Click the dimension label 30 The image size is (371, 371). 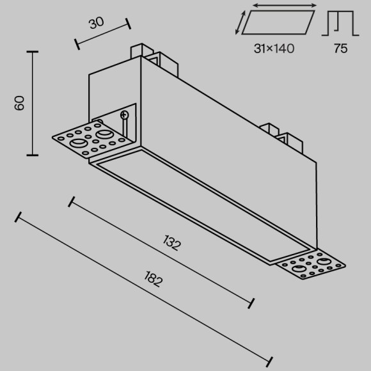(x=97, y=23)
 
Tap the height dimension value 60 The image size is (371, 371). (x=19, y=103)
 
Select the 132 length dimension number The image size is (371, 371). (x=172, y=243)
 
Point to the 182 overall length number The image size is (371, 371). (x=154, y=279)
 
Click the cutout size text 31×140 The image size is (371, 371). (x=274, y=49)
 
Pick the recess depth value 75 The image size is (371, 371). (x=340, y=49)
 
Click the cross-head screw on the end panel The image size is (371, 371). (x=124, y=115)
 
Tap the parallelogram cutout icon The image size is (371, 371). (x=278, y=22)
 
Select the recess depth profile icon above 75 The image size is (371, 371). (x=340, y=24)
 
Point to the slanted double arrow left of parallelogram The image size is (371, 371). (x=241, y=23)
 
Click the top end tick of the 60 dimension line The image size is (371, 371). (x=33, y=52)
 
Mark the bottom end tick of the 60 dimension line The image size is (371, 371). (x=33, y=155)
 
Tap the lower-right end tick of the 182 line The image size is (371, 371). (x=269, y=362)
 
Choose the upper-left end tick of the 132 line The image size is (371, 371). (x=71, y=201)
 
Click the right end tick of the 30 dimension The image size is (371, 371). (x=128, y=24)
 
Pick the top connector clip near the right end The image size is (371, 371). (x=281, y=138)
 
